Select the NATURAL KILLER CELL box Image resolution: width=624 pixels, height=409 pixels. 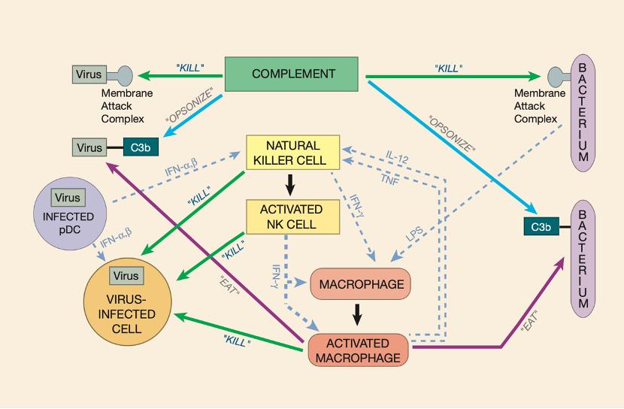(293, 152)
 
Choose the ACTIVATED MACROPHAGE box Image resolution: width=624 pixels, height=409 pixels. (359, 350)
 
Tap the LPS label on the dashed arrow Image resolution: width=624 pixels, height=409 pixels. (415, 235)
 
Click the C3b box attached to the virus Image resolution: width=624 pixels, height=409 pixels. (138, 148)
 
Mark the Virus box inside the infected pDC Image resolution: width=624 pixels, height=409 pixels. (68, 198)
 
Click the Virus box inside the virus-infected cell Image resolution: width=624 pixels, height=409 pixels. (126, 276)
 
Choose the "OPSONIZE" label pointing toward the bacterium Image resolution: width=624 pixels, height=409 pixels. (451, 133)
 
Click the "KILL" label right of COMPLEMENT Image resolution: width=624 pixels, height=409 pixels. (448, 68)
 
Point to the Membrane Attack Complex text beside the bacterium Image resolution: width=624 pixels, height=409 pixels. (535, 106)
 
